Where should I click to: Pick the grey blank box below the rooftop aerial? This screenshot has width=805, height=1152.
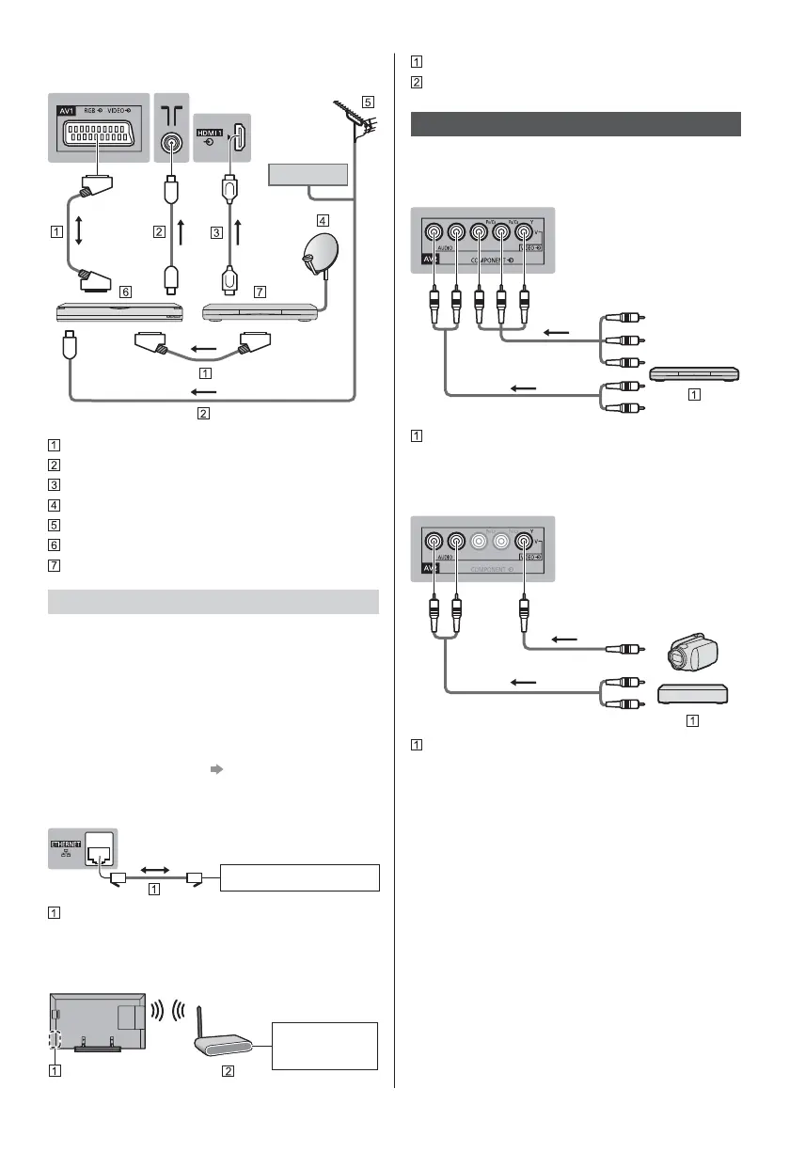pos(308,175)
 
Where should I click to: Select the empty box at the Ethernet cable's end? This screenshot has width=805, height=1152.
pos(299,876)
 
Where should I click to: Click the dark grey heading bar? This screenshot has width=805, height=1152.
pos(576,124)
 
